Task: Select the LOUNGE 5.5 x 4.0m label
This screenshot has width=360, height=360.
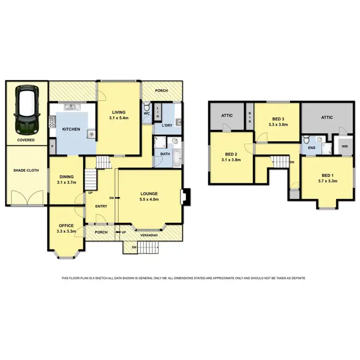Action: tap(148, 196)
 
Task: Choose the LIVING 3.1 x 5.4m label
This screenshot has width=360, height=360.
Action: tap(119, 115)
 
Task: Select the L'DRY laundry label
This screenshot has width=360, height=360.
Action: tap(167, 125)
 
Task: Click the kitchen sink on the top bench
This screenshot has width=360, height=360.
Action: tap(71, 107)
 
